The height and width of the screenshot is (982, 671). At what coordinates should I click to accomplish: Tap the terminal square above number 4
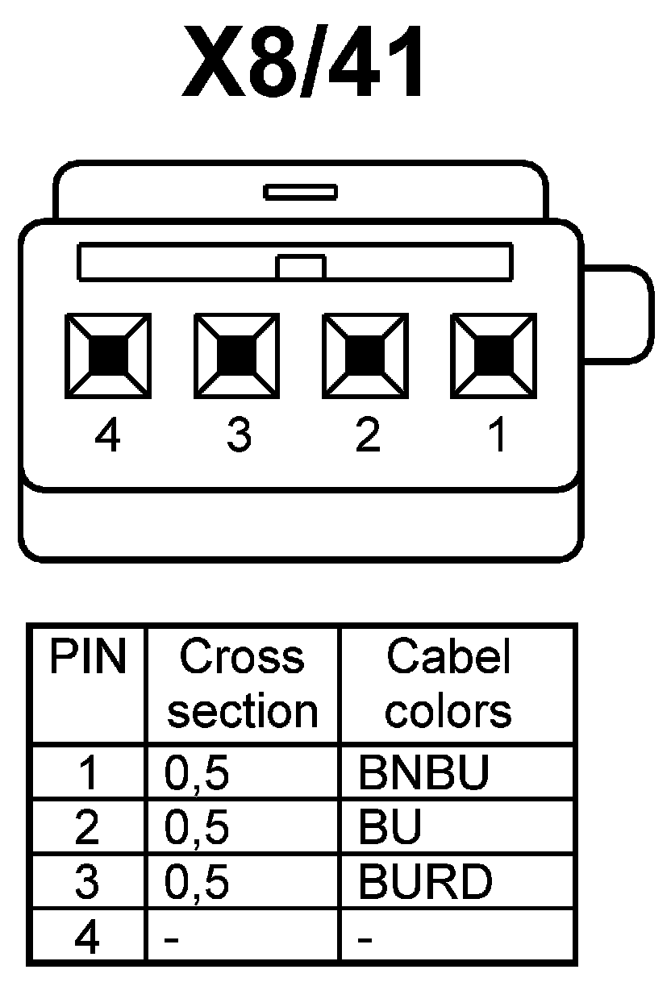pyautogui.click(x=108, y=355)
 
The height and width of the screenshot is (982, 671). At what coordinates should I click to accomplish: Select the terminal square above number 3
pyautogui.click(x=237, y=355)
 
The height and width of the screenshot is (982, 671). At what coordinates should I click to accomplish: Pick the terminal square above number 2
pyautogui.click(x=365, y=355)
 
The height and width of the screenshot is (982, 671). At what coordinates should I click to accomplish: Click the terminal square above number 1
pyautogui.click(x=494, y=355)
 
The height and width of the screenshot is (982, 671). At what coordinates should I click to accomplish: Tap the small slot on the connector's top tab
pyautogui.click(x=300, y=192)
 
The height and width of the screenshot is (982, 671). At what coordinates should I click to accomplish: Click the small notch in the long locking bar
pyautogui.click(x=300, y=267)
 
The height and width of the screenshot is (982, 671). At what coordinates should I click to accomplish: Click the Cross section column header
pyautogui.click(x=242, y=684)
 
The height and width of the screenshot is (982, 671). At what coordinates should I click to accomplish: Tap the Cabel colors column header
pyautogui.click(x=448, y=684)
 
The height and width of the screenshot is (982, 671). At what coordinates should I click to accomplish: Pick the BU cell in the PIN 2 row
pyautogui.click(x=390, y=829)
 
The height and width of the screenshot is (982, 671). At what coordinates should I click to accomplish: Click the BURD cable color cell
pyautogui.click(x=425, y=883)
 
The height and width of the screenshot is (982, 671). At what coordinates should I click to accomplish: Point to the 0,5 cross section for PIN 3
pyautogui.click(x=197, y=883)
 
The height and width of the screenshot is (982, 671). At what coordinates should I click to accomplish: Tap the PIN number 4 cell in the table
pyautogui.click(x=87, y=937)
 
